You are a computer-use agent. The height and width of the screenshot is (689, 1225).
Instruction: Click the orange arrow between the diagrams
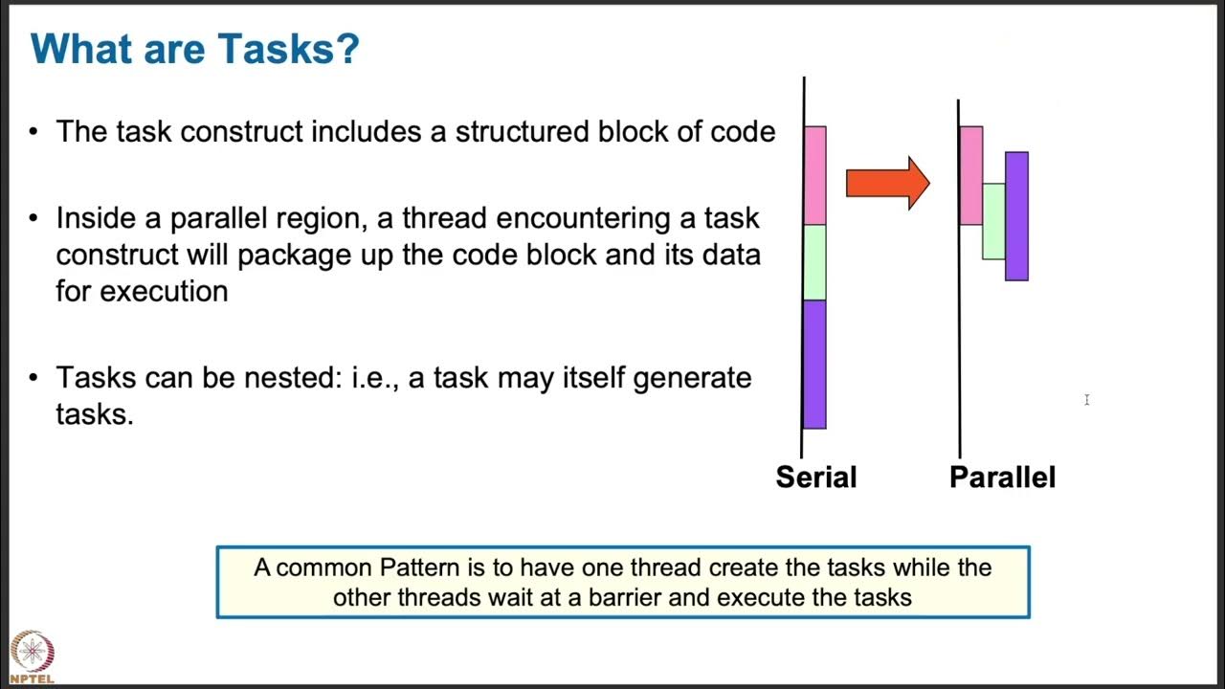pos(887,183)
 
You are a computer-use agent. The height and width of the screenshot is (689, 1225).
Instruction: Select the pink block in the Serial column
pos(814,175)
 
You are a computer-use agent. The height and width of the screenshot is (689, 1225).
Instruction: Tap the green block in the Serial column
pos(814,262)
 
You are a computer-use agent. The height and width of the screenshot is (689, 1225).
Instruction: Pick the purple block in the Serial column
pos(814,364)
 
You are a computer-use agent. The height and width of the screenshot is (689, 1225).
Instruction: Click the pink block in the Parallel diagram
pos(970,175)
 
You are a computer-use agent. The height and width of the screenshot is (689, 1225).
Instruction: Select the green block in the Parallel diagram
pos(993,221)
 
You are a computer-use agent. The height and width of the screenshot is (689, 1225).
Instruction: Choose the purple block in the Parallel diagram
pos(1016,216)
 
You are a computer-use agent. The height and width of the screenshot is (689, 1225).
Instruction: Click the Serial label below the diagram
pos(815,477)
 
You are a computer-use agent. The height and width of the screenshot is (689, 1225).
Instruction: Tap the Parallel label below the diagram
pos(1002,477)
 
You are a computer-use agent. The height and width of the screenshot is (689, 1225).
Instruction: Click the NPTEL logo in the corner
pos(33,656)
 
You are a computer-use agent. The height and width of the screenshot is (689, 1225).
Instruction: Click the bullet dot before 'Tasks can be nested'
pos(34,378)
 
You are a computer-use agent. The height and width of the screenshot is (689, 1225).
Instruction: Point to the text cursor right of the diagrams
pos(1086,400)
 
